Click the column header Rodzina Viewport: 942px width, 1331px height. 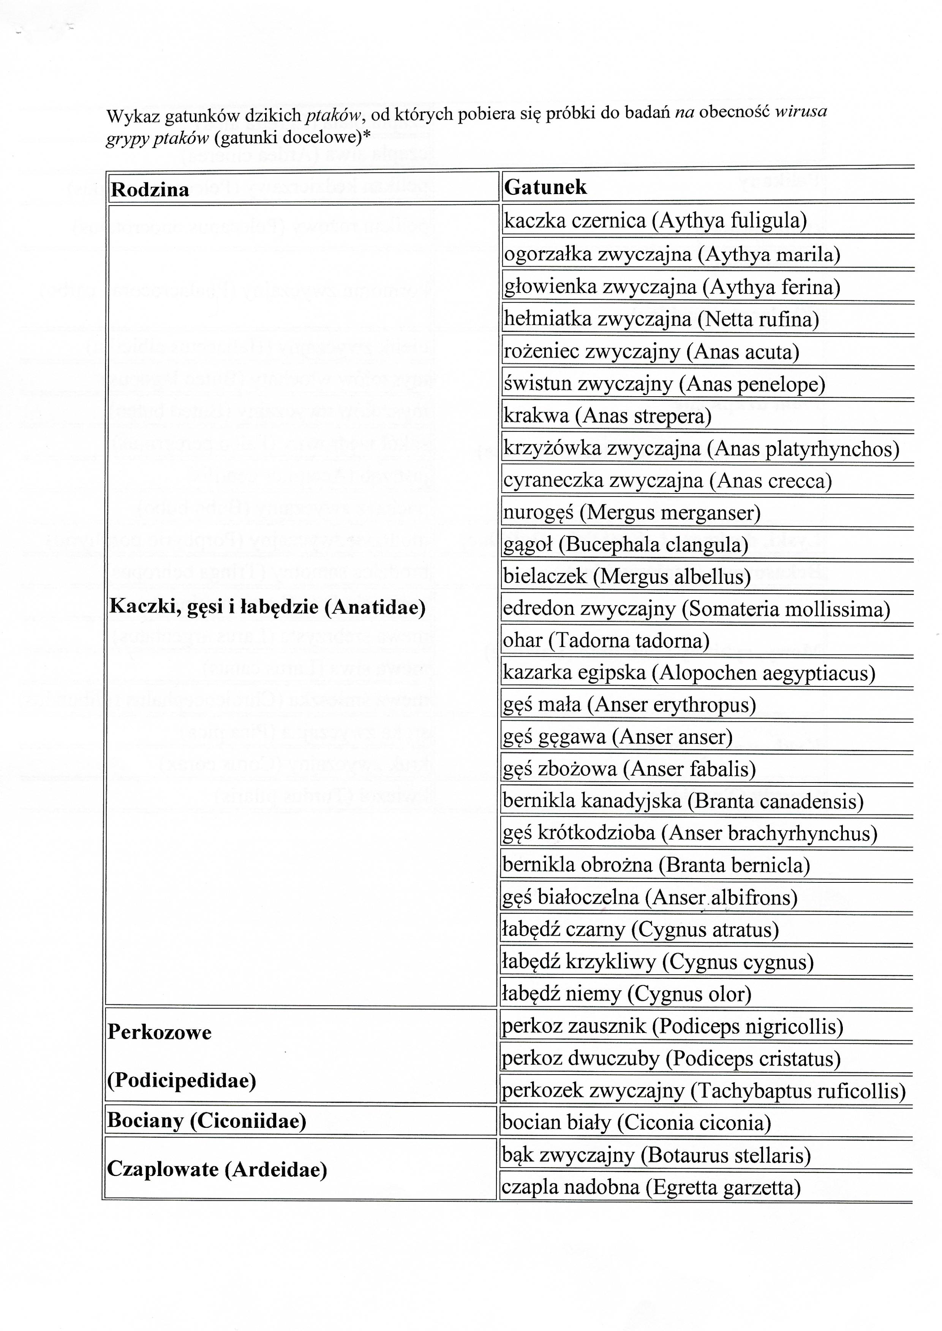(x=150, y=190)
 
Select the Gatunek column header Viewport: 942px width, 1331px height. (x=545, y=187)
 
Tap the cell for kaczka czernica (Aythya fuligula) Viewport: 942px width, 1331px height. (x=656, y=221)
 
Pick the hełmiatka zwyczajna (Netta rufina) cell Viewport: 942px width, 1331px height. (x=661, y=319)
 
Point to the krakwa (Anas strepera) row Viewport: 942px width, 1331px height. (x=607, y=416)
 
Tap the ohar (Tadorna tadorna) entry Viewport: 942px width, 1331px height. (x=606, y=640)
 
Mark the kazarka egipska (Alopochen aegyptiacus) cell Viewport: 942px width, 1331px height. (x=689, y=673)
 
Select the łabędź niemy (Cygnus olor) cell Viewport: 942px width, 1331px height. (x=626, y=994)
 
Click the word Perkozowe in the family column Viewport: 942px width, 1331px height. (x=160, y=1032)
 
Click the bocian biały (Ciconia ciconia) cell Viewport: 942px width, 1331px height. (x=636, y=1123)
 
